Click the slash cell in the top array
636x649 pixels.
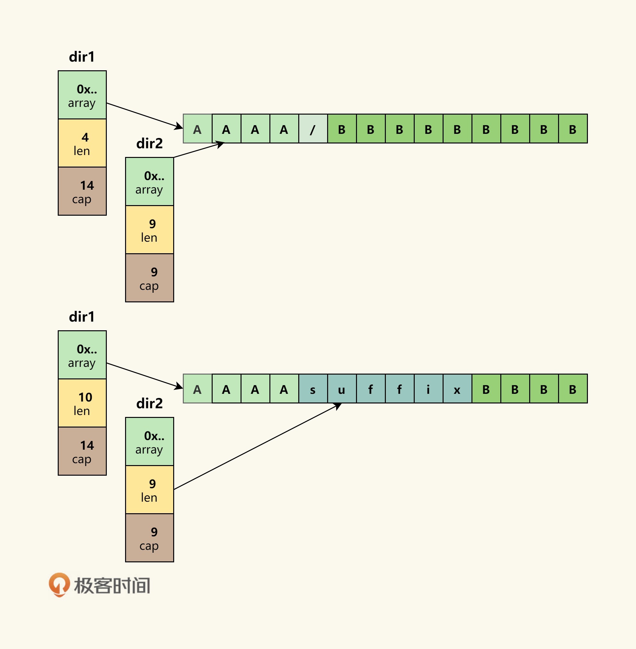(313, 129)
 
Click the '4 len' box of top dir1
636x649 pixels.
(82, 143)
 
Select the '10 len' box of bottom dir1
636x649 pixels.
(82, 403)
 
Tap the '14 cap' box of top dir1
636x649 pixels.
(82, 191)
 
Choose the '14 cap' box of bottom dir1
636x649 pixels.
(82, 451)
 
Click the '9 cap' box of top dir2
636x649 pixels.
(149, 278)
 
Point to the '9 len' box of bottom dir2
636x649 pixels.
(149, 489)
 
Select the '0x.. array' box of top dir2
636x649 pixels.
(149, 182)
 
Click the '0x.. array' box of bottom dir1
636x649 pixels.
(82, 355)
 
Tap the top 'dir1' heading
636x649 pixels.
(82, 57)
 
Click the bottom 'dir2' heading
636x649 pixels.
(149, 403)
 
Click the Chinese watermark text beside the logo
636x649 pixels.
(112, 585)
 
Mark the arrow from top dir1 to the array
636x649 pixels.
(144, 115)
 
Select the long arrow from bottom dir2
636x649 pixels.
(257, 446)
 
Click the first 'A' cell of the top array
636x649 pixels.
(198, 129)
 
